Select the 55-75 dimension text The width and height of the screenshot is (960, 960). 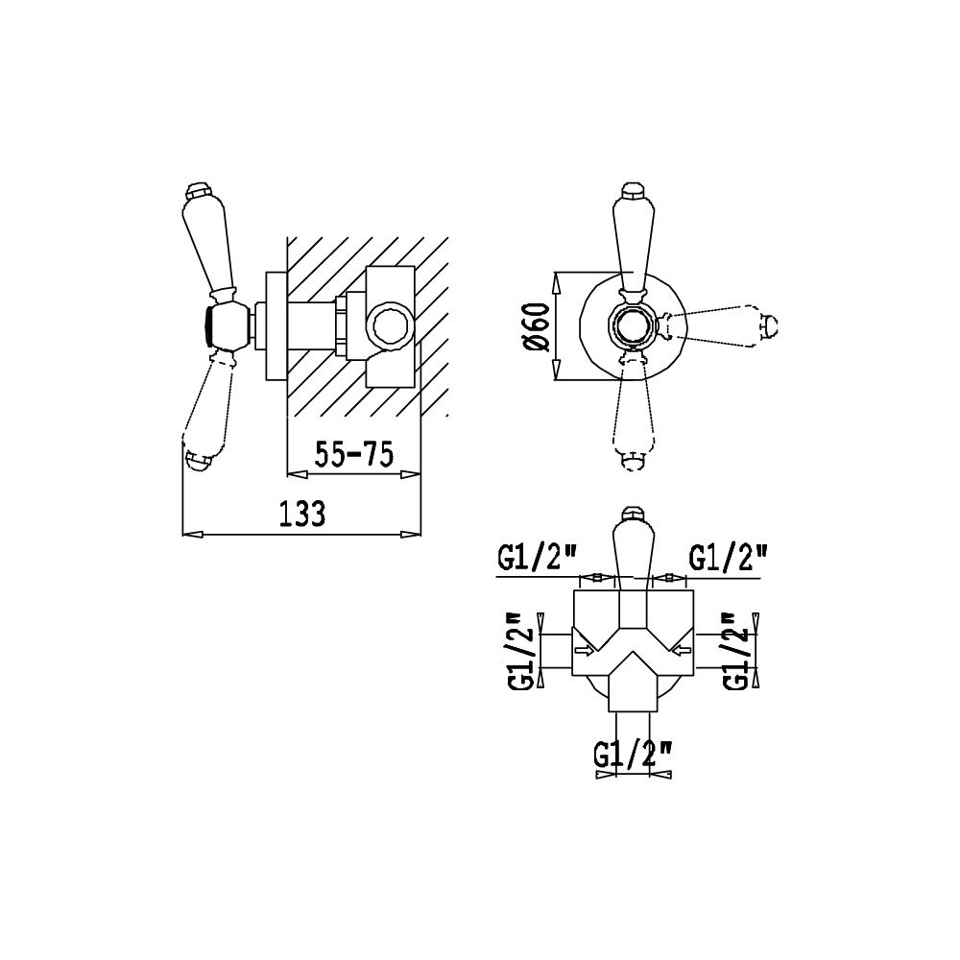(353, 454)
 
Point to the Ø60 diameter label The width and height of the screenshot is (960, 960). (537, 327)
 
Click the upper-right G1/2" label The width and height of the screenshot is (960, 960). (728, 559)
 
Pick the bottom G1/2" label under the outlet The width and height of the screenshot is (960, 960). (634, 755)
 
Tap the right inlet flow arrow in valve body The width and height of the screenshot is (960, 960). (681, 650)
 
